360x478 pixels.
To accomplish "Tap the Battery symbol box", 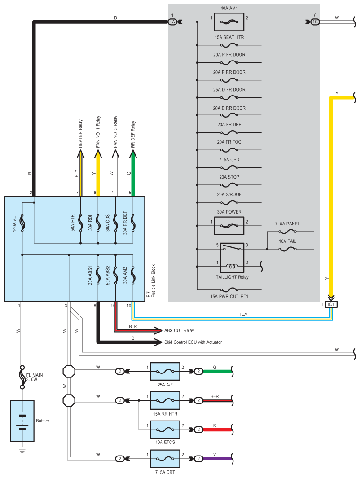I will tap(22, 421).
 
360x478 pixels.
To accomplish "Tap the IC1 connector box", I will tap(331, 304).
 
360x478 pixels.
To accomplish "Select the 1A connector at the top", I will tap(172, 22).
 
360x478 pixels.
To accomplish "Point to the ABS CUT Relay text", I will tap(179, 331).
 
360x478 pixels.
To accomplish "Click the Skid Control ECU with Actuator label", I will tap(193, 342).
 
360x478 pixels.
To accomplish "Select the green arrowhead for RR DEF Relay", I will tap(133, 154).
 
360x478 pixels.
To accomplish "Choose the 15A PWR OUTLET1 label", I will tap(229, 297).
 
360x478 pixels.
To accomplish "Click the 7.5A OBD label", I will tap(229, 160).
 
